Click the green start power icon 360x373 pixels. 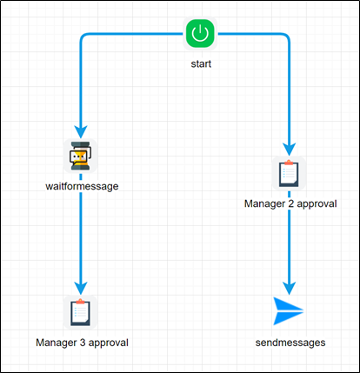[200, 35]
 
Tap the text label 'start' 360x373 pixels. [200, 64]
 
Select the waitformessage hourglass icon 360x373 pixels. [80, 157]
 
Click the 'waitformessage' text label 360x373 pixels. [81, 185]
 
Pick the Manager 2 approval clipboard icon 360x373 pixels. [290, 173]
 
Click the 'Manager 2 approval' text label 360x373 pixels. [290, 203]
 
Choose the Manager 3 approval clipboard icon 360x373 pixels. [81, 312]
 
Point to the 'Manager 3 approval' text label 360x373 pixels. [82, 342]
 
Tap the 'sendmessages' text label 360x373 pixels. [290, 342]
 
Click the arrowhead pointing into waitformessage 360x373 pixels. [81, 130]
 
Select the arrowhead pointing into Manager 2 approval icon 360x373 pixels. [290, 148]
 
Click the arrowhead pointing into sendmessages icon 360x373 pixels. [290, 286]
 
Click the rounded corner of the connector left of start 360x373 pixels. [84, 38]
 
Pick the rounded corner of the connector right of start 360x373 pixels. [286, 38]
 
